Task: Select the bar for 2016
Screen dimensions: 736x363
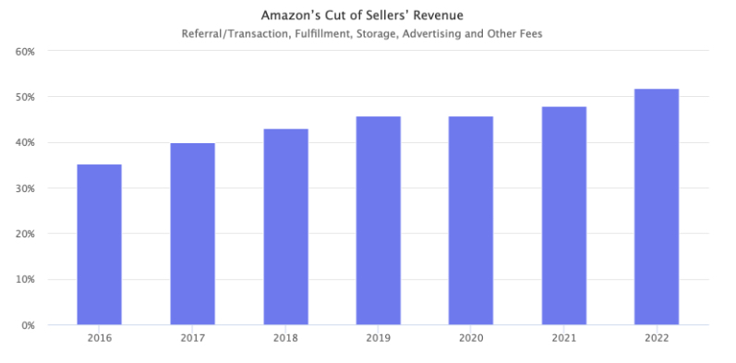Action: coord(99,245)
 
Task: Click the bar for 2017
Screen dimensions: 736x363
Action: coord(192,234)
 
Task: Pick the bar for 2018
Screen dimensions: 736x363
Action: coord(286,227)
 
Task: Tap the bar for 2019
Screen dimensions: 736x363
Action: coord(379,221)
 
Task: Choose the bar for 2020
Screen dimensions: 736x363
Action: coord(471,221)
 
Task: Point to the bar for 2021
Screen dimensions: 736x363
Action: coord(564,216)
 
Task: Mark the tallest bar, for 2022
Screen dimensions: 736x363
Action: coord(657,207)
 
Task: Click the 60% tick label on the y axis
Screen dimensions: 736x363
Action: coord(25,51)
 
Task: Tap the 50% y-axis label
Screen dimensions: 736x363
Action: coord(25,97)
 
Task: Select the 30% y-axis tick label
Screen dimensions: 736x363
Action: coord(25,188)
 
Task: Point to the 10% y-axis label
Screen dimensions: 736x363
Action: coord(25,280)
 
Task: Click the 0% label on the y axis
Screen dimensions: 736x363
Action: coord(28,325)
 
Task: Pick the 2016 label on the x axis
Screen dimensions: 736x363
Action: coord(100,338)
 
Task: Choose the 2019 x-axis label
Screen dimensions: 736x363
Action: coord(379,338)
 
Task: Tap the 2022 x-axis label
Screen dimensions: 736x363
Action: coord(657,338)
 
